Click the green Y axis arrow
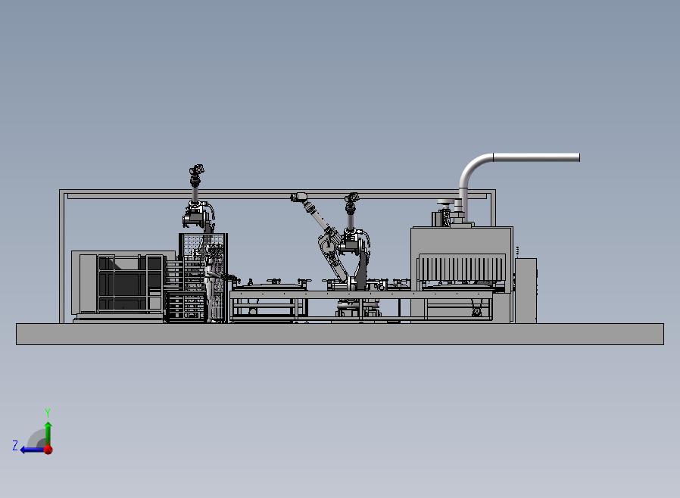(x=48, y=431)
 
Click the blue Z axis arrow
(x=30, y=450)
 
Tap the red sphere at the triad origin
(x=48, y=450)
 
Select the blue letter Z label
(x=15, y=446)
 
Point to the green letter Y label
(x=48, y=413)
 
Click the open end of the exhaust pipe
(x=578, y=157)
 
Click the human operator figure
(x=210, y=288)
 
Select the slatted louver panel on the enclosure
(x=460, y=269)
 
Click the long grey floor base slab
(x=340, y=334)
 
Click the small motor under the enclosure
(x=476, y=310)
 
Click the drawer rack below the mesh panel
(x=185, y=307)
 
